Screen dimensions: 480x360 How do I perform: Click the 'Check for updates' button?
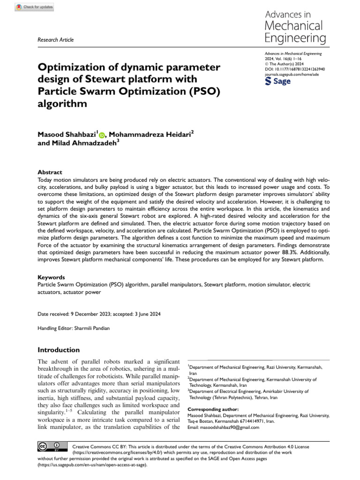click(x=35, y=7)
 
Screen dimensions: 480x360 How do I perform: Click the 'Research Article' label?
click(x=55, y=40)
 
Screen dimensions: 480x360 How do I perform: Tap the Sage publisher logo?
click(x=277, y=81)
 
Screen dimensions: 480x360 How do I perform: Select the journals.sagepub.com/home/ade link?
click(x=292, y=74)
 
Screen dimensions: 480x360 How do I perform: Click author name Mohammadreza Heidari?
click(x=150, y=135)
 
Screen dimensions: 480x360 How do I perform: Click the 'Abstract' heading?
click(x=49, y=172)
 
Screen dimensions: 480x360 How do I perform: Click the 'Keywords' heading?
click(x=51, y=277)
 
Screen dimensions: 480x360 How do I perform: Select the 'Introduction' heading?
click(x=59, y=350)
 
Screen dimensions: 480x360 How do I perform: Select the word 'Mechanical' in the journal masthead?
click(x=293, y=25)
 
